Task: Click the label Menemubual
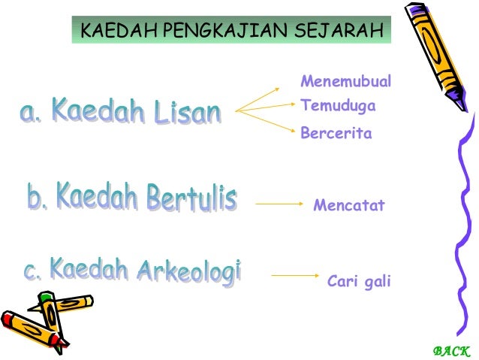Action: coord(345,81)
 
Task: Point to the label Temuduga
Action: coord(338,107)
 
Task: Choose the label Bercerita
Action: coord(336,134)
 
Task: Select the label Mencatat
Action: coord(348,204)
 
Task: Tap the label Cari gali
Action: coord(359,282)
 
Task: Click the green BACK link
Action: coord(451,350)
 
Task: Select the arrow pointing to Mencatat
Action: coord(278,204)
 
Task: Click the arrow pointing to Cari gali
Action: coord(294,275)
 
